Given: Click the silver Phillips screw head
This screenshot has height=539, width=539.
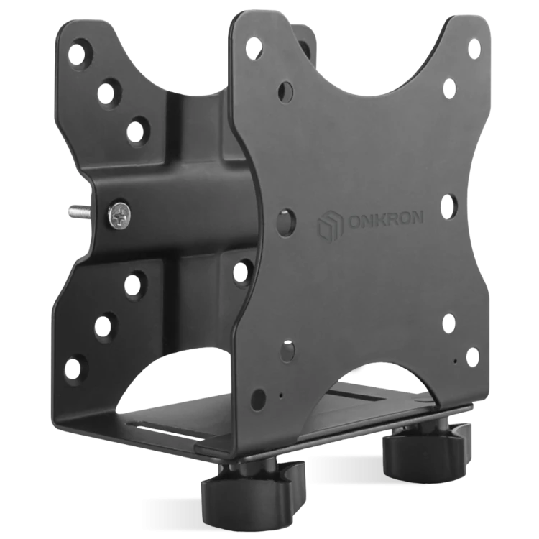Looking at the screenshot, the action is pos(119,216).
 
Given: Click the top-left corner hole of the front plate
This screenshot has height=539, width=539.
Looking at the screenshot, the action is pos(254,47).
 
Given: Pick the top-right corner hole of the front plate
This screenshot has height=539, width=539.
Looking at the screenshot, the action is pos(474,47).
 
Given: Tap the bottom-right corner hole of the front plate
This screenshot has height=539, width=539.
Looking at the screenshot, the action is pos(472,356).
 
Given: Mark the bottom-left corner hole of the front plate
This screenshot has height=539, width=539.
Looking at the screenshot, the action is pos(258,399).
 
